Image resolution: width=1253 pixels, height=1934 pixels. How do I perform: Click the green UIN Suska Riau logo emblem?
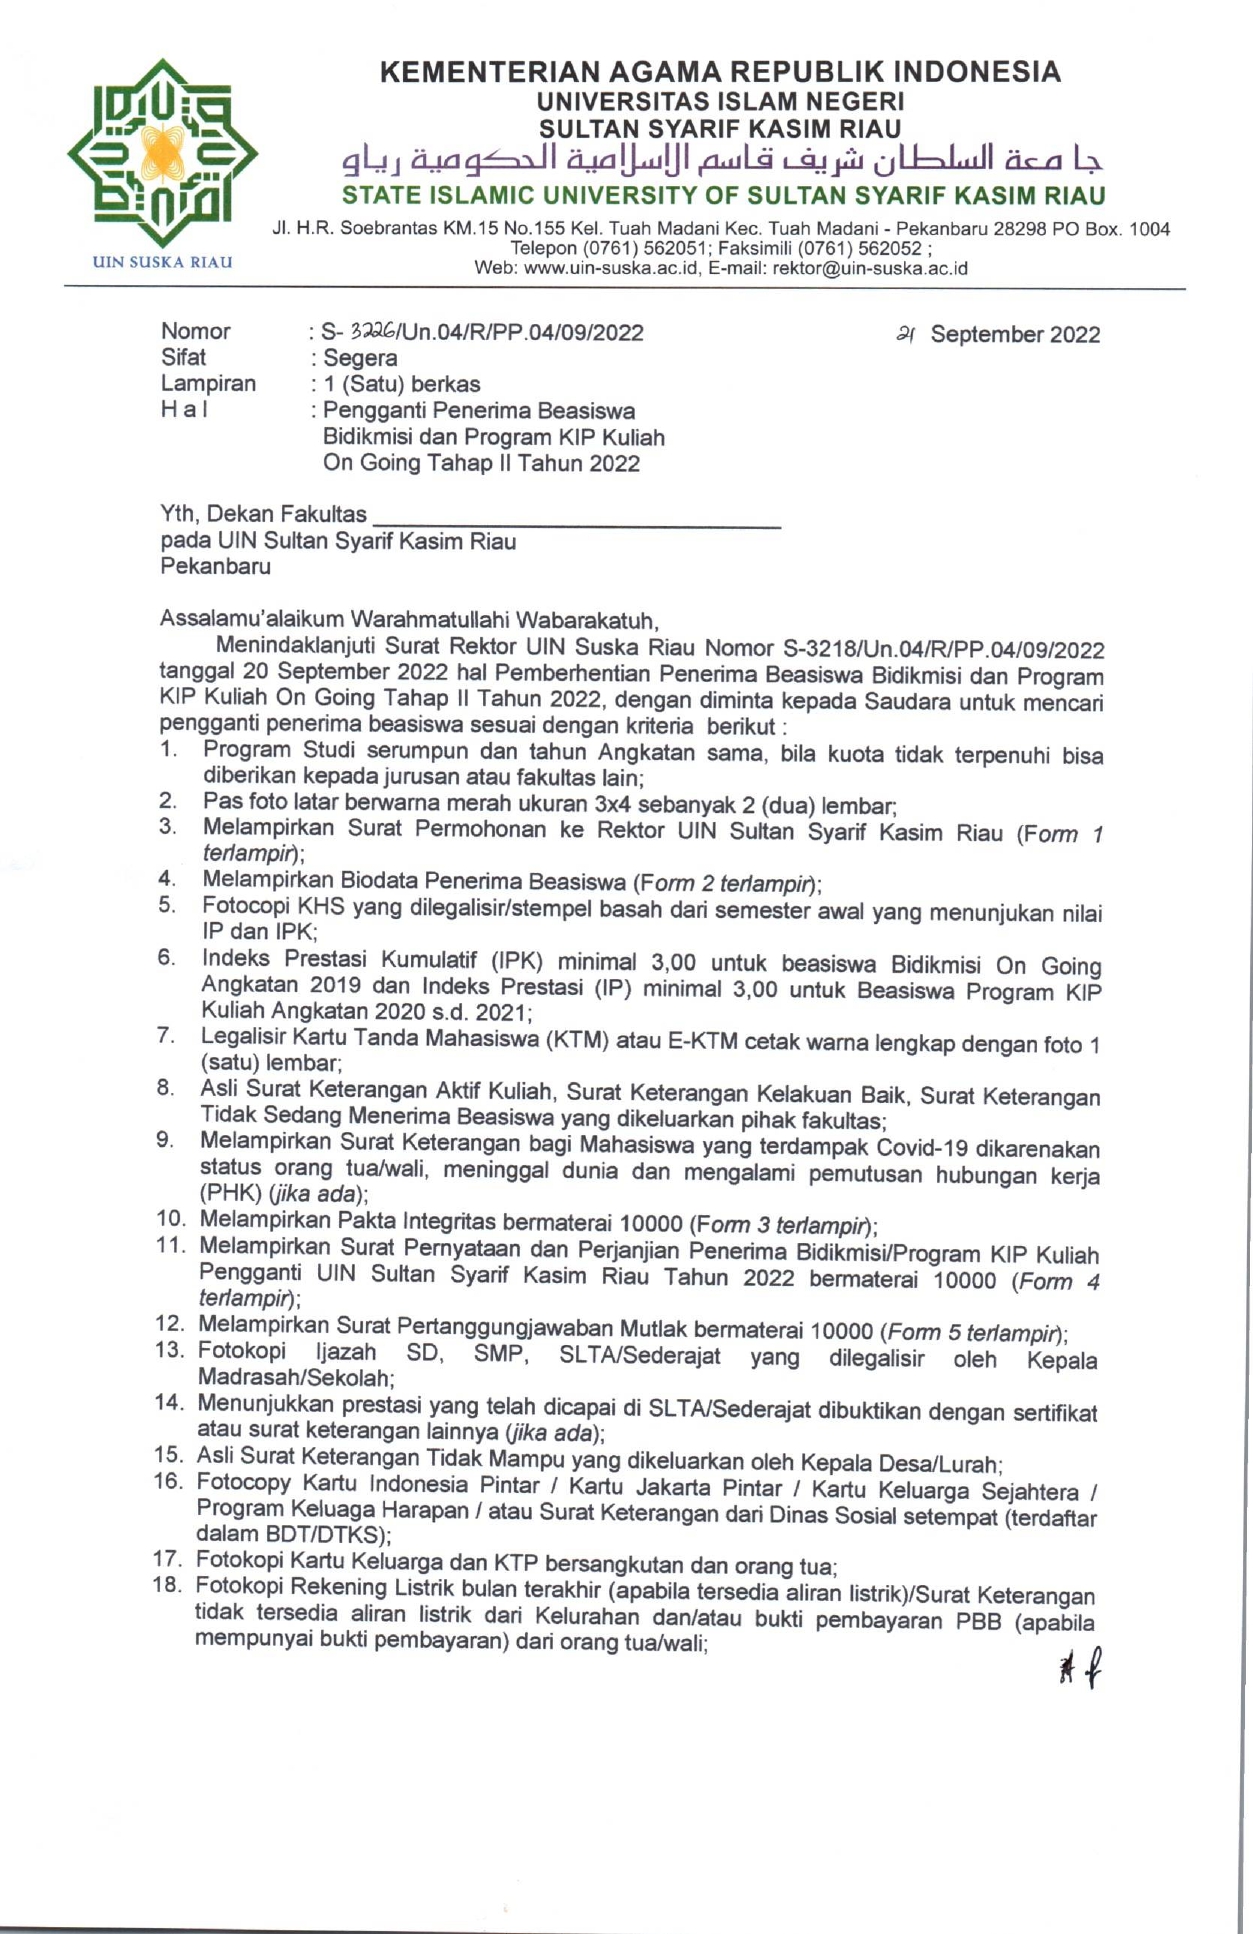pos(162,152)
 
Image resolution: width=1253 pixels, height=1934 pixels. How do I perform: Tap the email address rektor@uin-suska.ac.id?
pos(870,268)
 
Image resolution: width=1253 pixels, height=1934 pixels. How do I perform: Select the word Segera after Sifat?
pos(360,358)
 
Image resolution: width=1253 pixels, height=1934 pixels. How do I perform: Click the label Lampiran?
pos(208,384)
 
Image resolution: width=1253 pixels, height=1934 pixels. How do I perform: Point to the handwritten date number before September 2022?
pos(907,335)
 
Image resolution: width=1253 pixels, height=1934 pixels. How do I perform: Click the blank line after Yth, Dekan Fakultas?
pos(576,518)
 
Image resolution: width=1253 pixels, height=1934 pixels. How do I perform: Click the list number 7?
pos(166,1035)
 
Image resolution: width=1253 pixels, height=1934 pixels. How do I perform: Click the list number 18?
pos(167,1584)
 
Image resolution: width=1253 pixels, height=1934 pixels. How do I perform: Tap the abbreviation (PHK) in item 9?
pos(230,1193)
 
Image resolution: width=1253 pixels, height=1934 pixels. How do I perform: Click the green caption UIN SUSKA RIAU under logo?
pos(162,262)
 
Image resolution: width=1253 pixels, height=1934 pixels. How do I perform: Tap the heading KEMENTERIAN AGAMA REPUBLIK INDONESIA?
pos(720,72)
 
